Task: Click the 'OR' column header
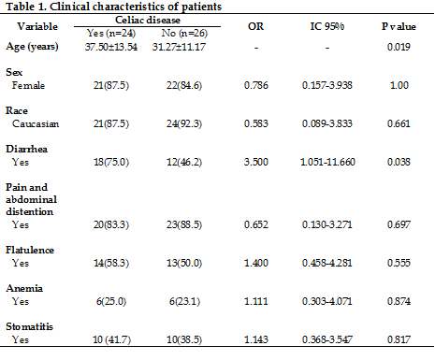pos(255,26)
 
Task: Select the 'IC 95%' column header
pos(327,26)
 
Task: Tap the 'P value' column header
pos(399,26)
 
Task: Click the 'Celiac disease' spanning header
pos(148,20)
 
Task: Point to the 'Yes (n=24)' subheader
pos(111,33)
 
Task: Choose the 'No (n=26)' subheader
pos(184,33)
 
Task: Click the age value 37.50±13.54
pos(111,47)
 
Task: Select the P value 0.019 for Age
pos(399,47)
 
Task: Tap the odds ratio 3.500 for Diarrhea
pos(255,162)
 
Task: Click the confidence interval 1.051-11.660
pos(327,162)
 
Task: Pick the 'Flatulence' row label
pos(30,250)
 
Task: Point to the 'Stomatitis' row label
pos(29,326)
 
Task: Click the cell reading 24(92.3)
pos(184,123)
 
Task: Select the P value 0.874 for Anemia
pos(399,301)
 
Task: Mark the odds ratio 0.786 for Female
pos(255,85)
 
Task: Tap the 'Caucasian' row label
pos(36,123)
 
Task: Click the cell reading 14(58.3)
pos(111,263)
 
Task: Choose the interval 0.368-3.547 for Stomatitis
pos(327,339)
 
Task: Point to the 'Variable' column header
pos(37,26)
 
